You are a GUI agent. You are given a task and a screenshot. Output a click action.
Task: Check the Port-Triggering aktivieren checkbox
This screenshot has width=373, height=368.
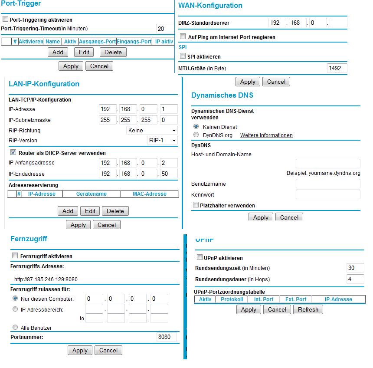click(x=6, y=20)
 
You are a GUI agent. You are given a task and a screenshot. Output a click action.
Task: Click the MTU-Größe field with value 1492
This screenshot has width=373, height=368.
click(x=337, y=68)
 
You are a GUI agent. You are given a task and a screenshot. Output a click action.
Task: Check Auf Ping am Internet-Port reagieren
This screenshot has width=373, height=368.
click(x=183, y=37)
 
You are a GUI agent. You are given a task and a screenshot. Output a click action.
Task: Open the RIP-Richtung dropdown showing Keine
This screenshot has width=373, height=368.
click(x=152, y=130)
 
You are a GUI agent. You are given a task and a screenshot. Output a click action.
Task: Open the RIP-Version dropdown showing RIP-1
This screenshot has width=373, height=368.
click(x=163, y=140)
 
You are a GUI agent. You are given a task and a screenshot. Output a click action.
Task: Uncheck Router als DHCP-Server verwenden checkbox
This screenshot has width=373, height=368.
click(x=13, y=153)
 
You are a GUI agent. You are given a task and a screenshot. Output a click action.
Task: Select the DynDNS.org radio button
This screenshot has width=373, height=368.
click(x=196, y=135)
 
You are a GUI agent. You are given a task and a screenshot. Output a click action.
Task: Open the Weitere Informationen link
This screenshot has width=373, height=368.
click(x=266, y=135)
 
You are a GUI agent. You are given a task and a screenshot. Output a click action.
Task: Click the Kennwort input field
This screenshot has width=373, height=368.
click(x=328, y=194)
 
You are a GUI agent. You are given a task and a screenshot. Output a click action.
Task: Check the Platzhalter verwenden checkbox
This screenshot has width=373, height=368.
click(x=196, y=205)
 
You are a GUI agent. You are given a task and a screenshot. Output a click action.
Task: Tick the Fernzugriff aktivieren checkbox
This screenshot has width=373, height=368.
click(x=15, y=256)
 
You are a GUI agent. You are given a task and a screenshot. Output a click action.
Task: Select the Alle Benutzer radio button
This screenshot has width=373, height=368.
click(x=16, y=328)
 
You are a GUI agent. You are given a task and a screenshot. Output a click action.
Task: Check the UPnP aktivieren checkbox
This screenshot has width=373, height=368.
click(x=200, y=258)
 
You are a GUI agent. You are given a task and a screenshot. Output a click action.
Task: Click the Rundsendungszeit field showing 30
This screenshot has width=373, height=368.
click(x=355, y=268)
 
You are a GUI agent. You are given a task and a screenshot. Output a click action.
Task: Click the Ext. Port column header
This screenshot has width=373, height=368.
click(x=296, y=299)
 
